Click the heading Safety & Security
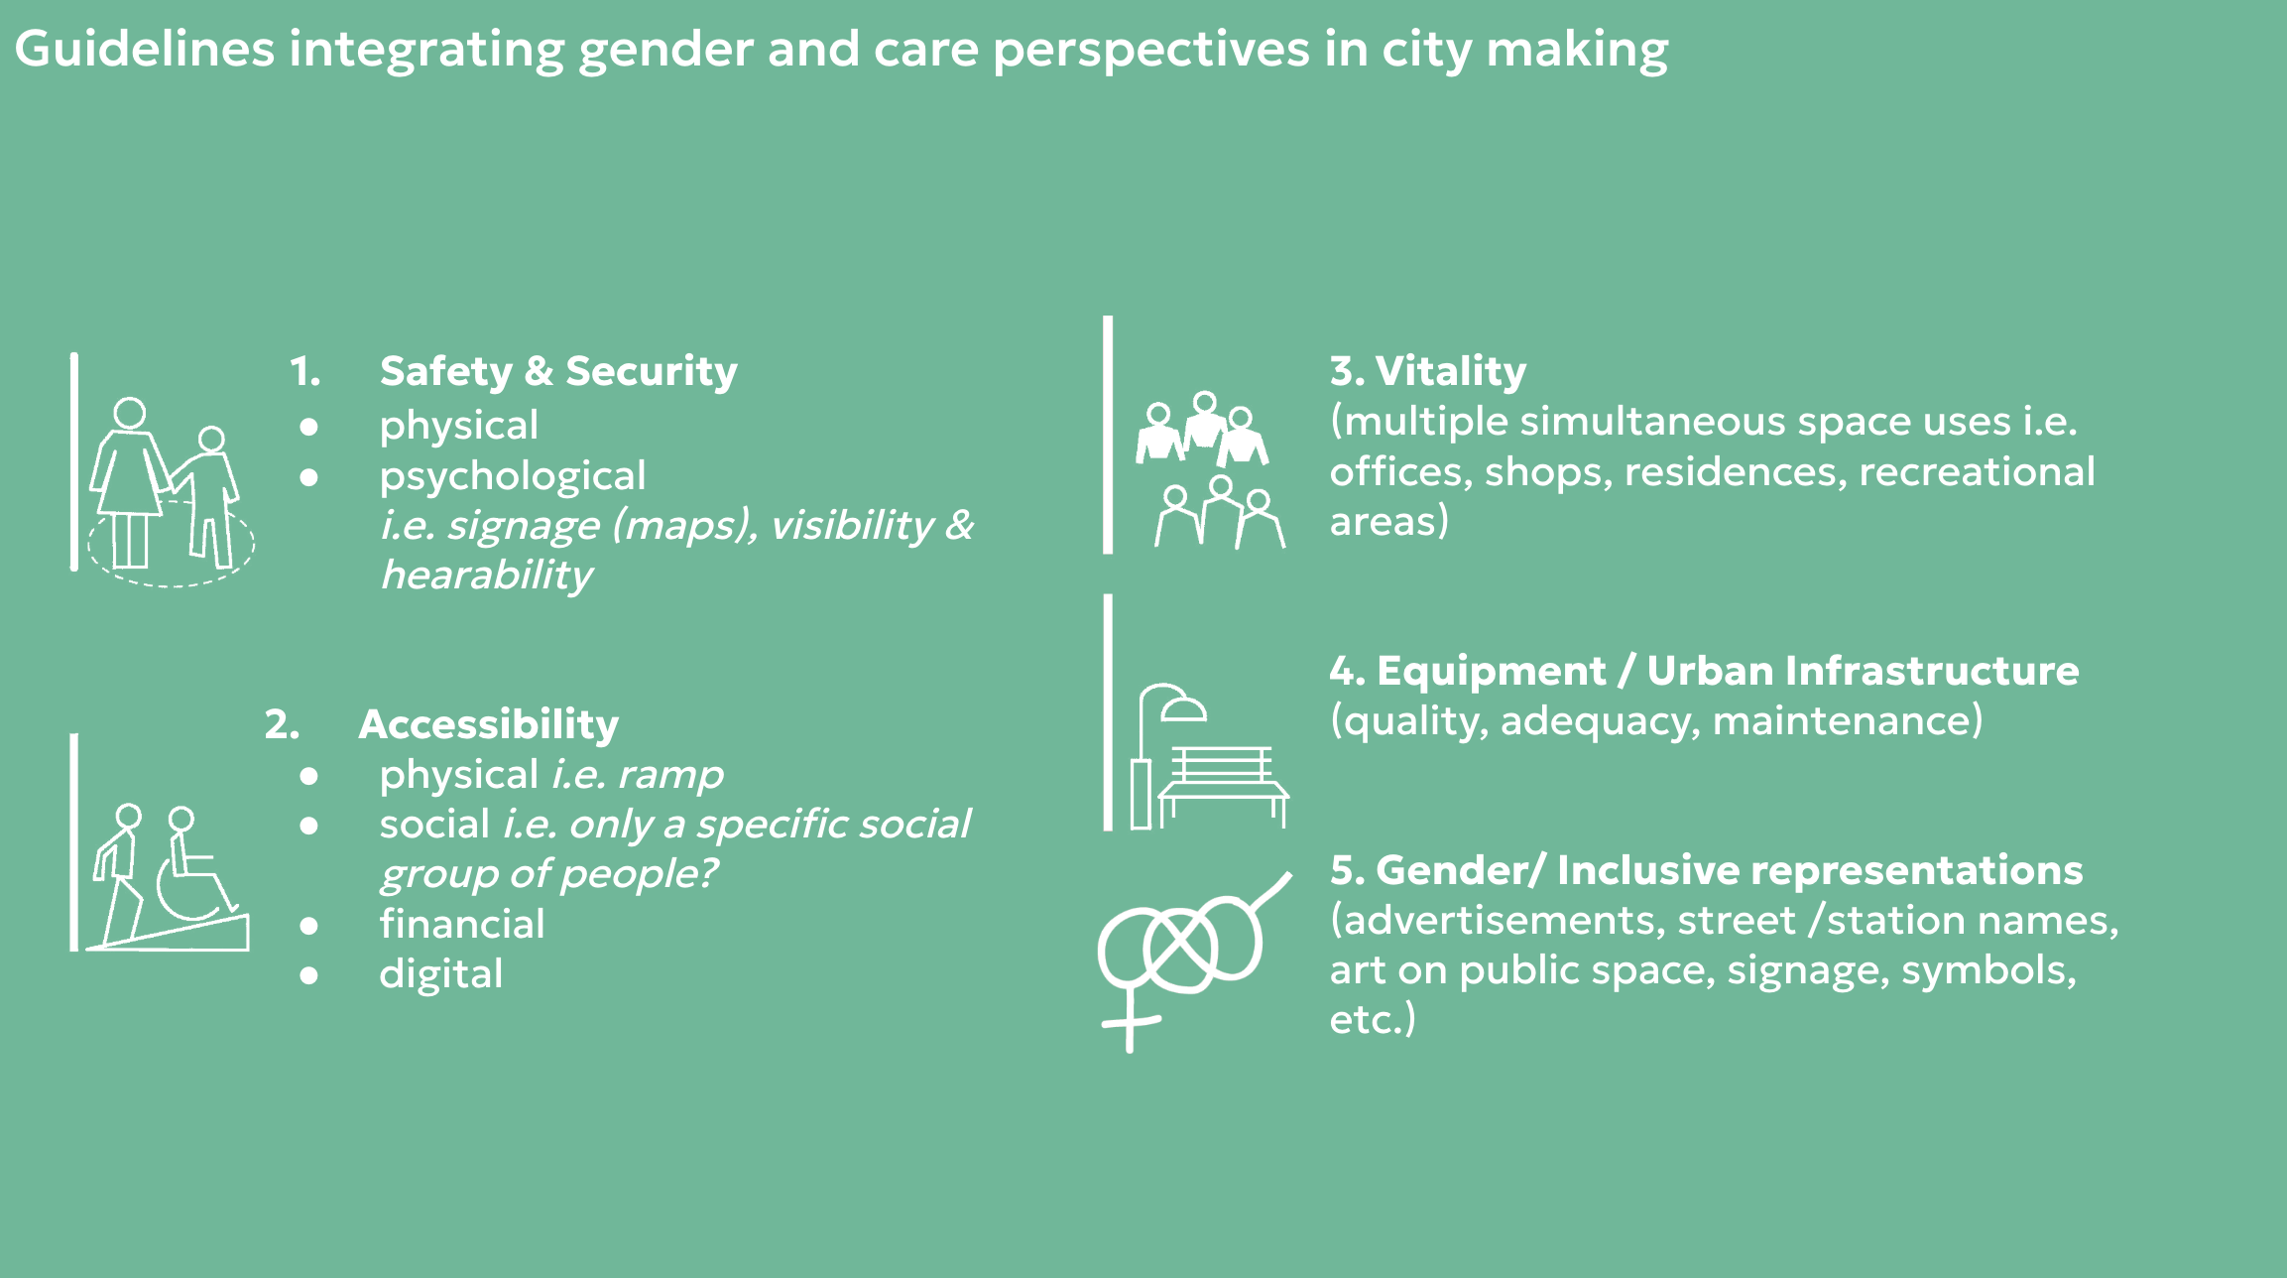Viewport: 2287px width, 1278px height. tap(558, 372)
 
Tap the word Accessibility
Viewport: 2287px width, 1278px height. tap(488, 725)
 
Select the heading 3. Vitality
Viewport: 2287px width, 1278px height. tap(1427, 372)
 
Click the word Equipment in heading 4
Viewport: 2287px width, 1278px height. tap(1491, 672)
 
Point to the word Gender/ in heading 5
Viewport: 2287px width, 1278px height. tap(1461, 870)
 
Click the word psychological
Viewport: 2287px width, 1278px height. tap(512, 477)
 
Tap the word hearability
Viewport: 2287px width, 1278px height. tap(487, 575)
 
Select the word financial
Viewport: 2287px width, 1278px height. tap(462, 924)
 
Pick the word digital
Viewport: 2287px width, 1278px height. tap(440, 974)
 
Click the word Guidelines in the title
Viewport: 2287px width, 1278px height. tap(145, 49)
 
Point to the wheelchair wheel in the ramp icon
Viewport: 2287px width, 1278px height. tap(190, 888)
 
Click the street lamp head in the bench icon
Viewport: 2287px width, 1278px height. tap(1183, 708)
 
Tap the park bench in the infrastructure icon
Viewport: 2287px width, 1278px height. tap(1224, 785)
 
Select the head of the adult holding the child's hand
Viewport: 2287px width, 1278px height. tap(130, 413)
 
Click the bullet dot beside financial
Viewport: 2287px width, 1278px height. tap(309, 926)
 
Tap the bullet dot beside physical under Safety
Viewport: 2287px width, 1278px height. tap(309, 427)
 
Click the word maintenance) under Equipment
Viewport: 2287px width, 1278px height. tap(1848, 721)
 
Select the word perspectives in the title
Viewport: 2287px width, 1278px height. tap(1151, 51)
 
